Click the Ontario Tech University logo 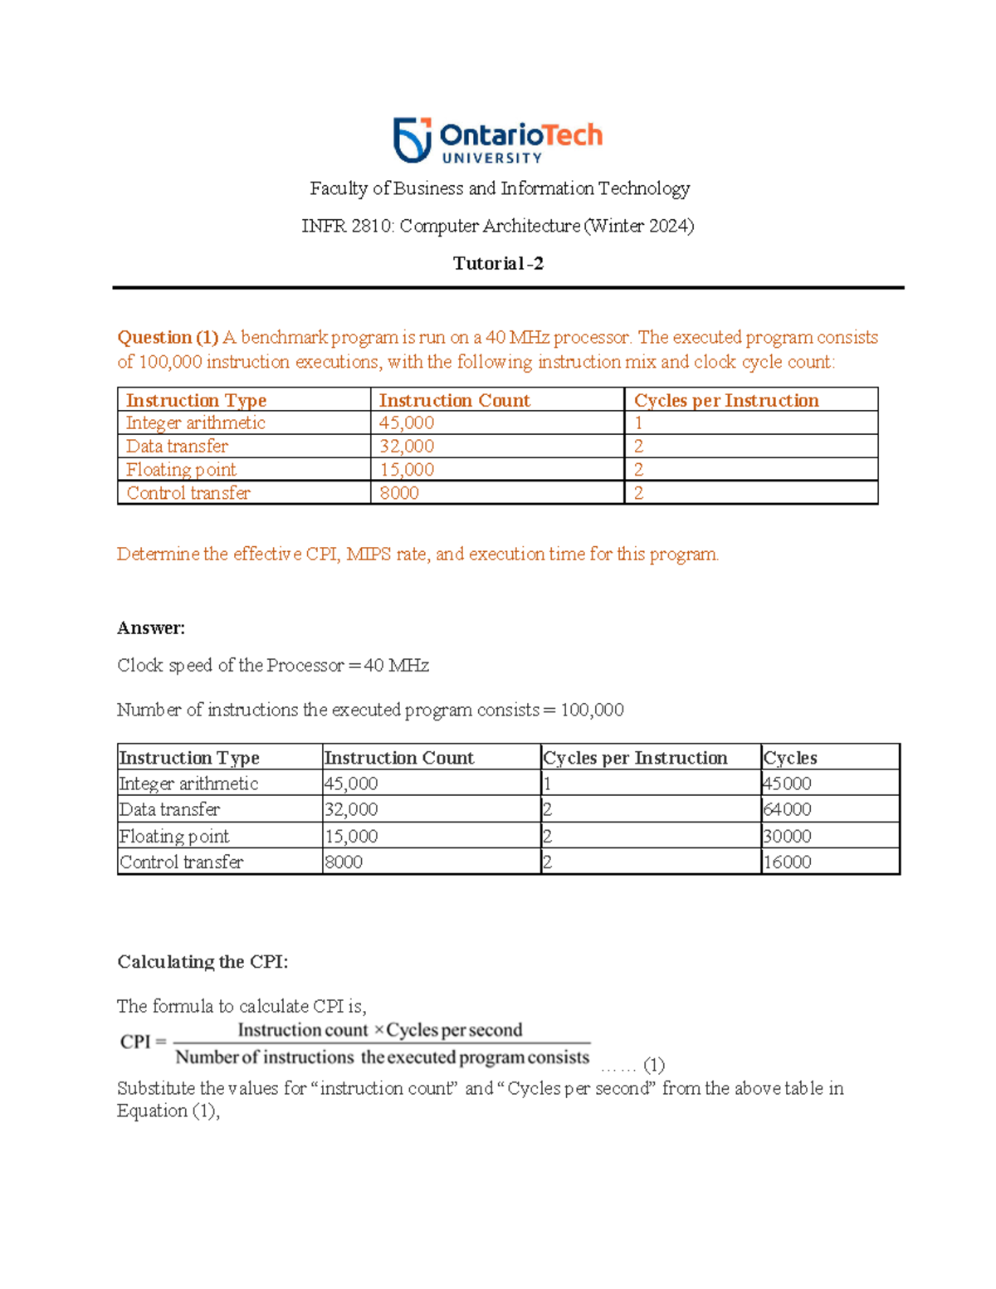498,140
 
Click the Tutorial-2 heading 498,264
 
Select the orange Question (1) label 168,338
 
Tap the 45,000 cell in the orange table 407,423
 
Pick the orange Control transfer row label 188,493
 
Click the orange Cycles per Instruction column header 726,401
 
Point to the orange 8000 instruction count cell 399,493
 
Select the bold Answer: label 151,628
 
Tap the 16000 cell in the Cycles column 787,862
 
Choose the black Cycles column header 790,758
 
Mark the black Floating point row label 174,837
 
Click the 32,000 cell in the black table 351,809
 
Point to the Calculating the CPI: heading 203,962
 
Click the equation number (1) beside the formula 654,1065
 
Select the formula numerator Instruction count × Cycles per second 380,1030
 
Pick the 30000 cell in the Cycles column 787,837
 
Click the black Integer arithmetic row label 188,784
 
